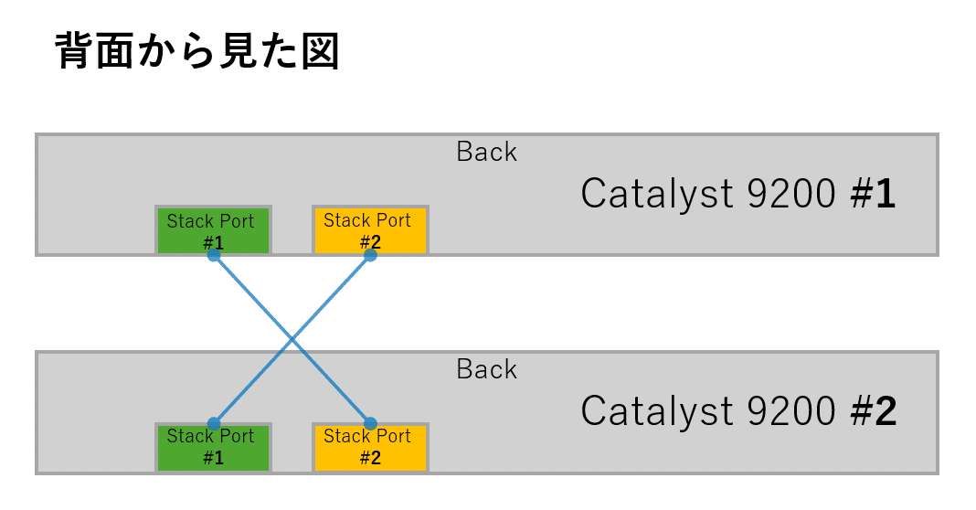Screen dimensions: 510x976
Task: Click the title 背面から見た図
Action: pyautogui.click(x=197, y=52)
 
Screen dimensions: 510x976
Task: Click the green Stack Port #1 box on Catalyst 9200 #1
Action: pyautogui.click(x=213, y=229)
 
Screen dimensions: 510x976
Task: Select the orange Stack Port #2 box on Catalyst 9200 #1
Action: pyautogui.click(x=369, y=229)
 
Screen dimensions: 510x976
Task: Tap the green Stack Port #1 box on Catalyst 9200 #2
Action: pyautogui.click(x=213, y=447)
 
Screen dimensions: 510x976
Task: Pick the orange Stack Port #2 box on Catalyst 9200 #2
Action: pyautogui.click(x=369, y=447)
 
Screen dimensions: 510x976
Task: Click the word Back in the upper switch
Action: pyautogui.click(x=486, y=152)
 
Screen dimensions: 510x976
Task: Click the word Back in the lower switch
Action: pyautogui.click(x=486, y=369)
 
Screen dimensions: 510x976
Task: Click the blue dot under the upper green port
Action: pyautogui.click(x=213, y=256)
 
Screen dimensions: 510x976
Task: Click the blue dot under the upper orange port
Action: pyautogui.click(x=370, y=256)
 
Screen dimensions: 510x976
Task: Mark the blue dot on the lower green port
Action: pyautogui.click(x=213, y=424)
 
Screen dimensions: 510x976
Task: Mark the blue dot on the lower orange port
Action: pyautogui.click(x=370, y=424)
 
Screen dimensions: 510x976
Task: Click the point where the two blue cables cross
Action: pyautogui.click(x=292, y=340)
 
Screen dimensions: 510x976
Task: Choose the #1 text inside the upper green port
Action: pyautogui.click(x=213, y=242)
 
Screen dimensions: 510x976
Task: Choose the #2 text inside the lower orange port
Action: pyautogui.click(x=369, y=459)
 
